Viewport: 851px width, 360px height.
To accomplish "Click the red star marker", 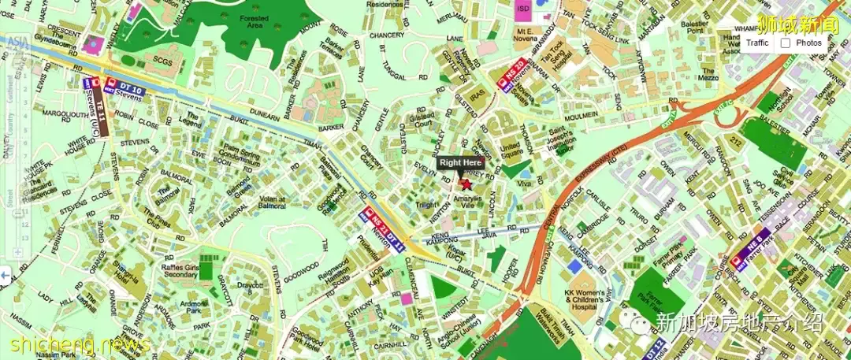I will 465,184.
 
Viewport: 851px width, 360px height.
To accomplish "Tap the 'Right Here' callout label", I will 461,162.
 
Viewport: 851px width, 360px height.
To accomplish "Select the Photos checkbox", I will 786,43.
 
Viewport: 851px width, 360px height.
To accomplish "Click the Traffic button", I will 757,43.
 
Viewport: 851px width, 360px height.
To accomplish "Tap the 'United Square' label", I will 511,149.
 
